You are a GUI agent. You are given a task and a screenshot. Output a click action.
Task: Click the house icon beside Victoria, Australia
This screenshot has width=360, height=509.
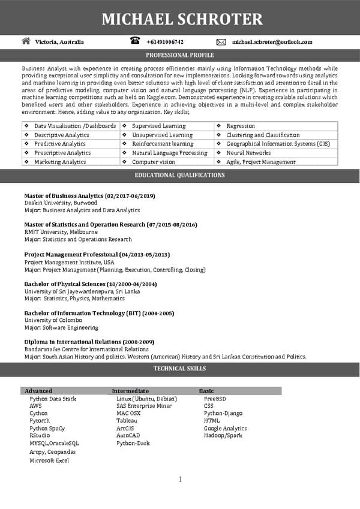[26, 41]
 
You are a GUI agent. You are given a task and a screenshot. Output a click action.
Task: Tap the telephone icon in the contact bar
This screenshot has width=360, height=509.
[134, 41]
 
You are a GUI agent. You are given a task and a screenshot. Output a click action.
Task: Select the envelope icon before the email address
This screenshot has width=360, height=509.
[221, 42]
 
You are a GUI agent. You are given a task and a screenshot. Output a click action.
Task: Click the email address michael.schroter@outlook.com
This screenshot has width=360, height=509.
[272, 42]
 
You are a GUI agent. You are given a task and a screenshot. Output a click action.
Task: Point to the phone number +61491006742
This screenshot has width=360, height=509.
[164, 42]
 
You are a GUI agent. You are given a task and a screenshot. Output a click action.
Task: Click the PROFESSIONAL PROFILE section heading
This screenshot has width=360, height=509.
[179, 55]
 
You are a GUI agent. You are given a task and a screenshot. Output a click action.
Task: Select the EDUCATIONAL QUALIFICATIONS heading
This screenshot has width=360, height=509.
[179, 175]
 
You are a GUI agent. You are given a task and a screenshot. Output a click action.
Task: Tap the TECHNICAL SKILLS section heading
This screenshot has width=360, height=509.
[179, 369]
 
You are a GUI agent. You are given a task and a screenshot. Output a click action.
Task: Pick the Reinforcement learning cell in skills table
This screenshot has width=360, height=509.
[162, 144]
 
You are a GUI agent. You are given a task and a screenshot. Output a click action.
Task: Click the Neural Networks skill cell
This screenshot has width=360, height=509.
[248, 153]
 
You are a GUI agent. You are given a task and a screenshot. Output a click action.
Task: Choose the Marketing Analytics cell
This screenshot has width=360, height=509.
[60, 162]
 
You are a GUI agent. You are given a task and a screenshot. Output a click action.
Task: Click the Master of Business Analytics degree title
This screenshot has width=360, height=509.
[89, 196]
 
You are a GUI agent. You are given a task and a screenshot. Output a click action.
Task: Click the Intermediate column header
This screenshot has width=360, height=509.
[130, 391]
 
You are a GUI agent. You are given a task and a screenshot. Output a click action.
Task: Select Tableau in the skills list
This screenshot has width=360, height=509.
[127, 421]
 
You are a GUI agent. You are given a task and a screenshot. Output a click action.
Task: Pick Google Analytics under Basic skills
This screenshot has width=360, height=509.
[225, 428]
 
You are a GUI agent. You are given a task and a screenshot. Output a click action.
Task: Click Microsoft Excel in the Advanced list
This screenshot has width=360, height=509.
[49, 460]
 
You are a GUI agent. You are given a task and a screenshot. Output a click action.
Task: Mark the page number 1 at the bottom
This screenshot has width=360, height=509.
[180, 479]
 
